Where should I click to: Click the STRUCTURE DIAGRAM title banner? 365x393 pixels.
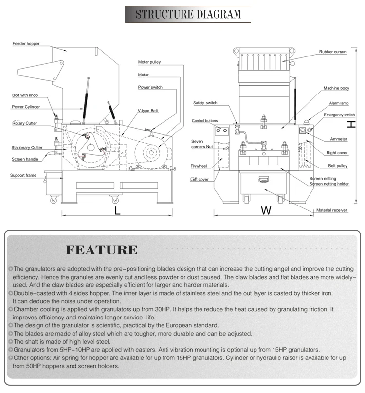(187, 14)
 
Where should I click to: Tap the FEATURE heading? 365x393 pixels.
(102, 250)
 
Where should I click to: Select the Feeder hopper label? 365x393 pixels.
(26, 44)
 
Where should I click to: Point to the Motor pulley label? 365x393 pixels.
(149, 62)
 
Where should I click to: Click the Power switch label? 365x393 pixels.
(150, 87)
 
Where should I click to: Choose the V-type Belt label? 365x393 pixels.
(148, 111)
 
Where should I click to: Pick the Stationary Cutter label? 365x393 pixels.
(27, 147)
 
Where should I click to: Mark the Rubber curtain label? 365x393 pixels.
(333, 51)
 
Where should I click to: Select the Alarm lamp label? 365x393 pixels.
(338, 103)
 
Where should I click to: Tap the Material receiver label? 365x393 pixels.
(332, 210)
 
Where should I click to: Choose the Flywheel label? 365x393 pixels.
(199, 166)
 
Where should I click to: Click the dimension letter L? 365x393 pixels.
(117, 210)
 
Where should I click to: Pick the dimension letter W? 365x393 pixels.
(266, 210)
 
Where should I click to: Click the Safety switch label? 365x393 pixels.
(205, 103)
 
